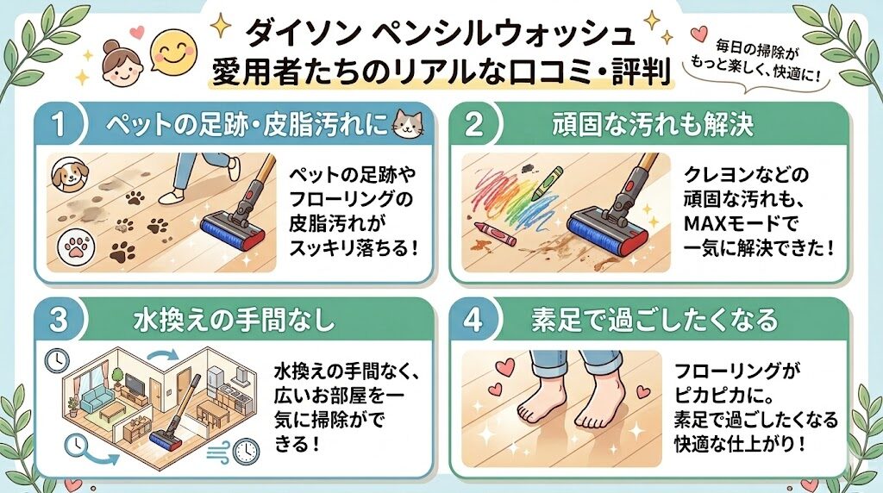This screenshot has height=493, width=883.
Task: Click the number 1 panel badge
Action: click(x=59, y=125)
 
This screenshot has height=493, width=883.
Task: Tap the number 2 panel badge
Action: click(x=473, y=125)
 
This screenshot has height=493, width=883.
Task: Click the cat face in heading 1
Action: click(x=408, y=125)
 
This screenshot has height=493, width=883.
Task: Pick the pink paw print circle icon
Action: click(x=76, y=248)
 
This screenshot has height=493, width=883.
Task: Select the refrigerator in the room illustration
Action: click(x=216, y=382)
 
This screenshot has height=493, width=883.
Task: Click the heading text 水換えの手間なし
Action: click(x=235, y=321)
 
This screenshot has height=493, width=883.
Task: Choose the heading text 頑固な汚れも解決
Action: click(x=654, y=125)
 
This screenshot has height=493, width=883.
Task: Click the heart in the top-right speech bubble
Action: click(x=698, y=34)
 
